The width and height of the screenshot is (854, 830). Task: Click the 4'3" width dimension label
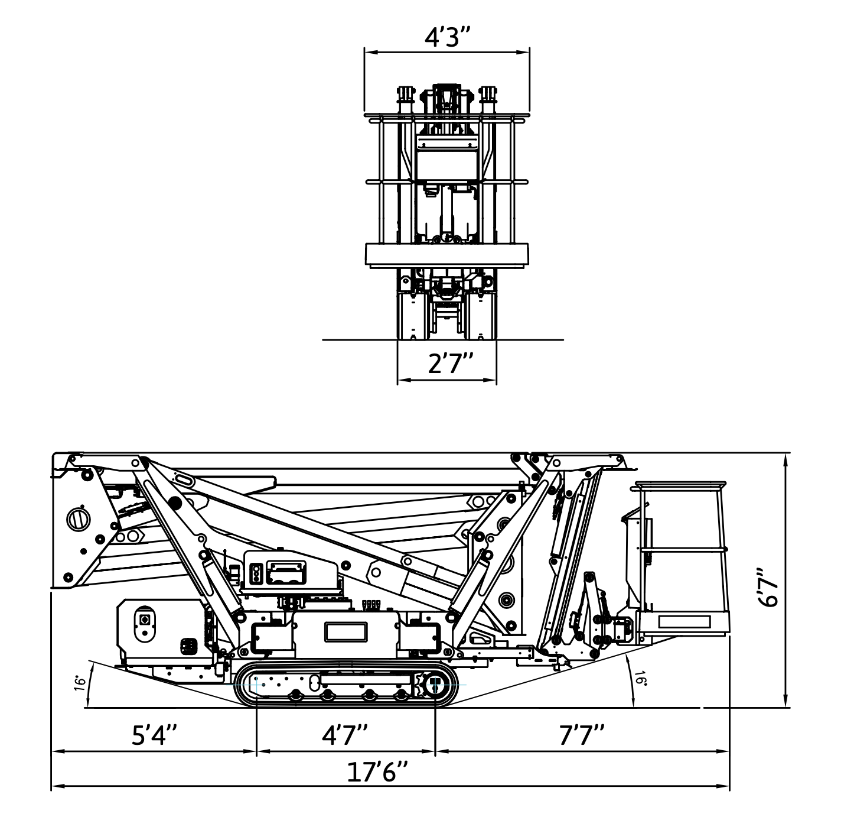(447, 38)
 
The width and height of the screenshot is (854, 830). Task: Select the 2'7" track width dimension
(451, 362)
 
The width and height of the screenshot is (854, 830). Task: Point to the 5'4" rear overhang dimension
(154, 735)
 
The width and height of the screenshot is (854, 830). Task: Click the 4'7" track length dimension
(345, 735)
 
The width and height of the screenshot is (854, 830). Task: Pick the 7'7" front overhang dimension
(581, 735)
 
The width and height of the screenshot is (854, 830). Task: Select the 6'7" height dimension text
(769, 587)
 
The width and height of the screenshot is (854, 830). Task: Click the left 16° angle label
(80, 683)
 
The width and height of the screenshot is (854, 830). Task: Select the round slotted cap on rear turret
(76, 519)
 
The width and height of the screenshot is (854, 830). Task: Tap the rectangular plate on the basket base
(684, 621)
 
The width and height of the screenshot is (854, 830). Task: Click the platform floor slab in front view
(446, 254)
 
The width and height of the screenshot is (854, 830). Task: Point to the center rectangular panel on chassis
(345, 631)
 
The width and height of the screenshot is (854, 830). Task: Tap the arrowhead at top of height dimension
(785, 458)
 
